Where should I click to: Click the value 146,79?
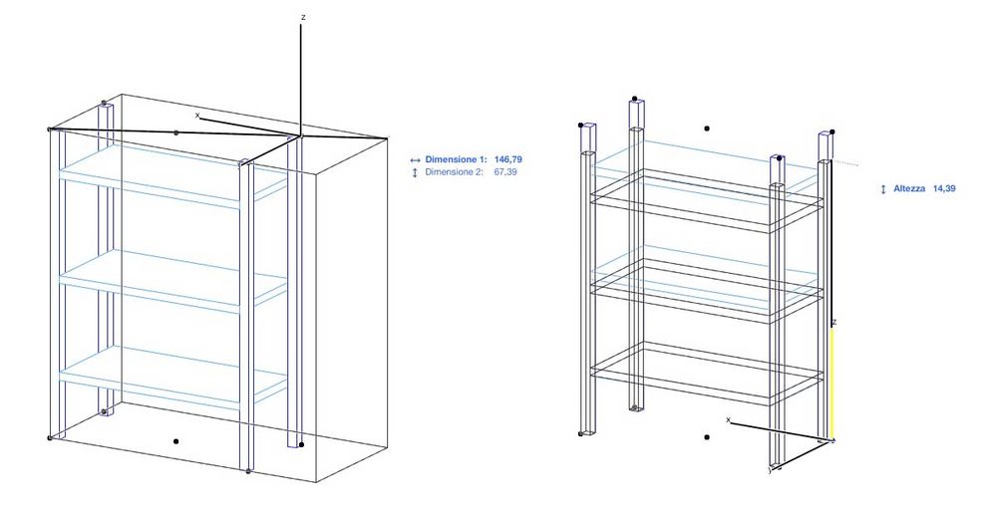(510, 159)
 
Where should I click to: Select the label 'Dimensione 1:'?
(457, 159)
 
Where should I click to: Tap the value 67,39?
(506, 172)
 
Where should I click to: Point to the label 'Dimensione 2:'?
(457, 172)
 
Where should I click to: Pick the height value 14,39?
(943, 188)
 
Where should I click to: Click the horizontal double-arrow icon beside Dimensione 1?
(415, 159)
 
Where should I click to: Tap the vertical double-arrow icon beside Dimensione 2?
(415, 172)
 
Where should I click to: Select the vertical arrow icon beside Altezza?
(883, 188)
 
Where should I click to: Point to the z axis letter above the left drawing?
(302, 17)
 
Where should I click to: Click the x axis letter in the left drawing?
(197, 116)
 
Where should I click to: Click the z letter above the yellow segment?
(833, 323)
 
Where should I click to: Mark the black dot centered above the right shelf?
(707, 128)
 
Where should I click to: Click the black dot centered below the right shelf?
(707, 436)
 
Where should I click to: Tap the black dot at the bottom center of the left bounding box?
(175, 440)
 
